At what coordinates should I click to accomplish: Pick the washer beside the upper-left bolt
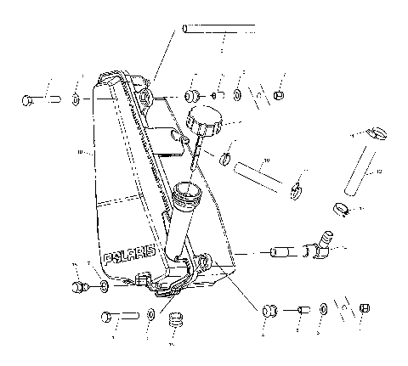click(x=76, y=101)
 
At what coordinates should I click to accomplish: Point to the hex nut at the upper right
click(x=279, y=94)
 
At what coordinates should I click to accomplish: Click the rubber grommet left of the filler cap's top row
click(x=193, y=93)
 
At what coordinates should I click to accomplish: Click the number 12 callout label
click(x=379, y=172)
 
